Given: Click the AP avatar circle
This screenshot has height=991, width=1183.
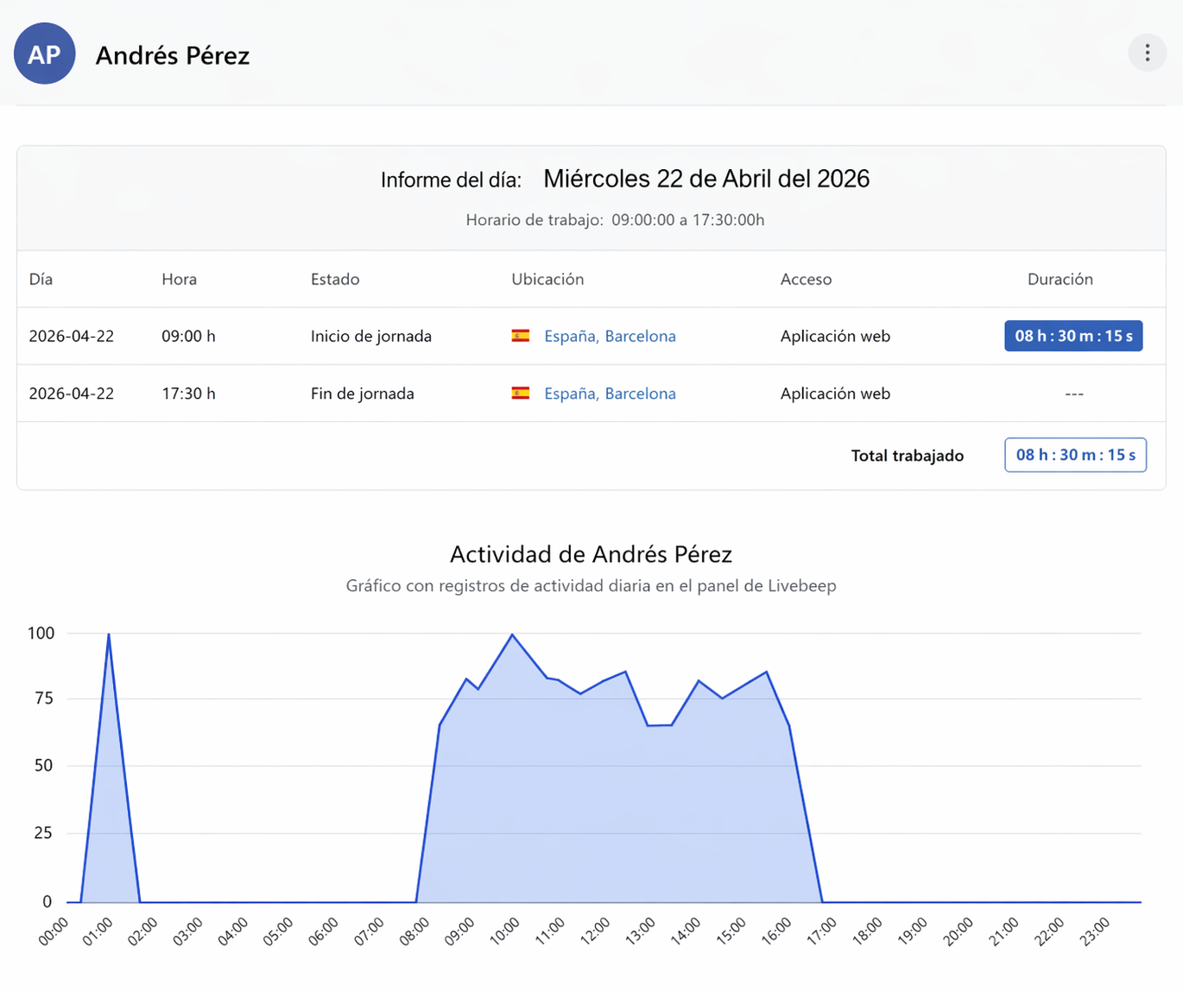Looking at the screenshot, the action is click(45, 54).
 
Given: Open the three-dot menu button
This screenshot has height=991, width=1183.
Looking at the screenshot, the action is click(1148, 54).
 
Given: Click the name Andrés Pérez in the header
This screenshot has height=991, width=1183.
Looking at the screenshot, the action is click(172, 55).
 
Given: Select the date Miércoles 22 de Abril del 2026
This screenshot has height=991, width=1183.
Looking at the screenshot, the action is click(706, 179).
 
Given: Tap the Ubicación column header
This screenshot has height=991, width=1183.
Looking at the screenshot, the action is click(547, 279).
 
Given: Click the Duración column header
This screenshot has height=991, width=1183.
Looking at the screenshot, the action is click(1060, 279).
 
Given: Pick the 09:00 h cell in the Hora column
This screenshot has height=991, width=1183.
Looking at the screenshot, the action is click(188, 337).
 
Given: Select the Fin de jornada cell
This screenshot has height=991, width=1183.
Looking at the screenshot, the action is click(362, 394).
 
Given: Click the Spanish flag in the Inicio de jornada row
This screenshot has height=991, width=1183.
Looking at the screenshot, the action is click(520, 336).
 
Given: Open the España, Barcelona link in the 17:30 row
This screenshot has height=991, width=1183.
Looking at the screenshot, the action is click(610, 394).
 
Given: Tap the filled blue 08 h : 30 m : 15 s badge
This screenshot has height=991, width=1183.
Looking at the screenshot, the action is click(1073, 336).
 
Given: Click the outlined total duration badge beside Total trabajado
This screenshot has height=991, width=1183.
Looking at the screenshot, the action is click(1075, 455).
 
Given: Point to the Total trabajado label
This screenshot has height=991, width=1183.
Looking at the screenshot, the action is click(907, 456).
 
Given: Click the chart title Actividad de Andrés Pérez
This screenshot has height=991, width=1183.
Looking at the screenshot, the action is click(591, 554).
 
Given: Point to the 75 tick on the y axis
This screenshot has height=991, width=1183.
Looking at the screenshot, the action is click(44, 698).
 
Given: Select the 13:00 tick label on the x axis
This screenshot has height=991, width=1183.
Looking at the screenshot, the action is click(641, 932).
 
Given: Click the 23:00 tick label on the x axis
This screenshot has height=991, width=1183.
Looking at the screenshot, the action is click(1094, 932).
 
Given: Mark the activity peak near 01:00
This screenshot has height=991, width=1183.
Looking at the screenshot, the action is click(109, 634).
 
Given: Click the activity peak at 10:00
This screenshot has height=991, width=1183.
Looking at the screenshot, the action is click(512, 634).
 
